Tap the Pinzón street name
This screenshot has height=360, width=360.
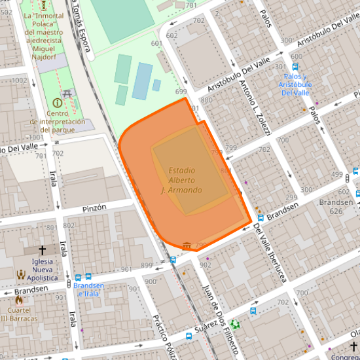pyautogui.click(x=94, y=207)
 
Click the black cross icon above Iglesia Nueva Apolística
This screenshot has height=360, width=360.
pyautogui.click(x=43, y=250)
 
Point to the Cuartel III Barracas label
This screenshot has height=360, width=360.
pyautogui.click(x=18, y=314)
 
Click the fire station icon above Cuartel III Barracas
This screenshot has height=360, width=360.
pyautogui.click(x=18, y=299)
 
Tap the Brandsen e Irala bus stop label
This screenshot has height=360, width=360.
pyautogui.click(x=88, y=289)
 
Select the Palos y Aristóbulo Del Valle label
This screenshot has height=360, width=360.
pyautogui.click(x=294, y=84)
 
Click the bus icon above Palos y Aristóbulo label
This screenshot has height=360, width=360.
pyautogui.click(x=295, y=67)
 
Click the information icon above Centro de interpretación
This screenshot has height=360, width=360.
pyautogui.click(x=58, y=103)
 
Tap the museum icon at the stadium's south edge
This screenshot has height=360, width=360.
pyautogui.click(x=188, y=245)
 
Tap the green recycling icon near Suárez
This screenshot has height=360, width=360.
pyautogui.click(x=236, y=324)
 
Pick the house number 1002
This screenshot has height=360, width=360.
pyautogui.click(x=19, y=81)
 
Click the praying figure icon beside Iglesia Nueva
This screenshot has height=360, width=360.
pyautogui.click(x=21, y=275)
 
